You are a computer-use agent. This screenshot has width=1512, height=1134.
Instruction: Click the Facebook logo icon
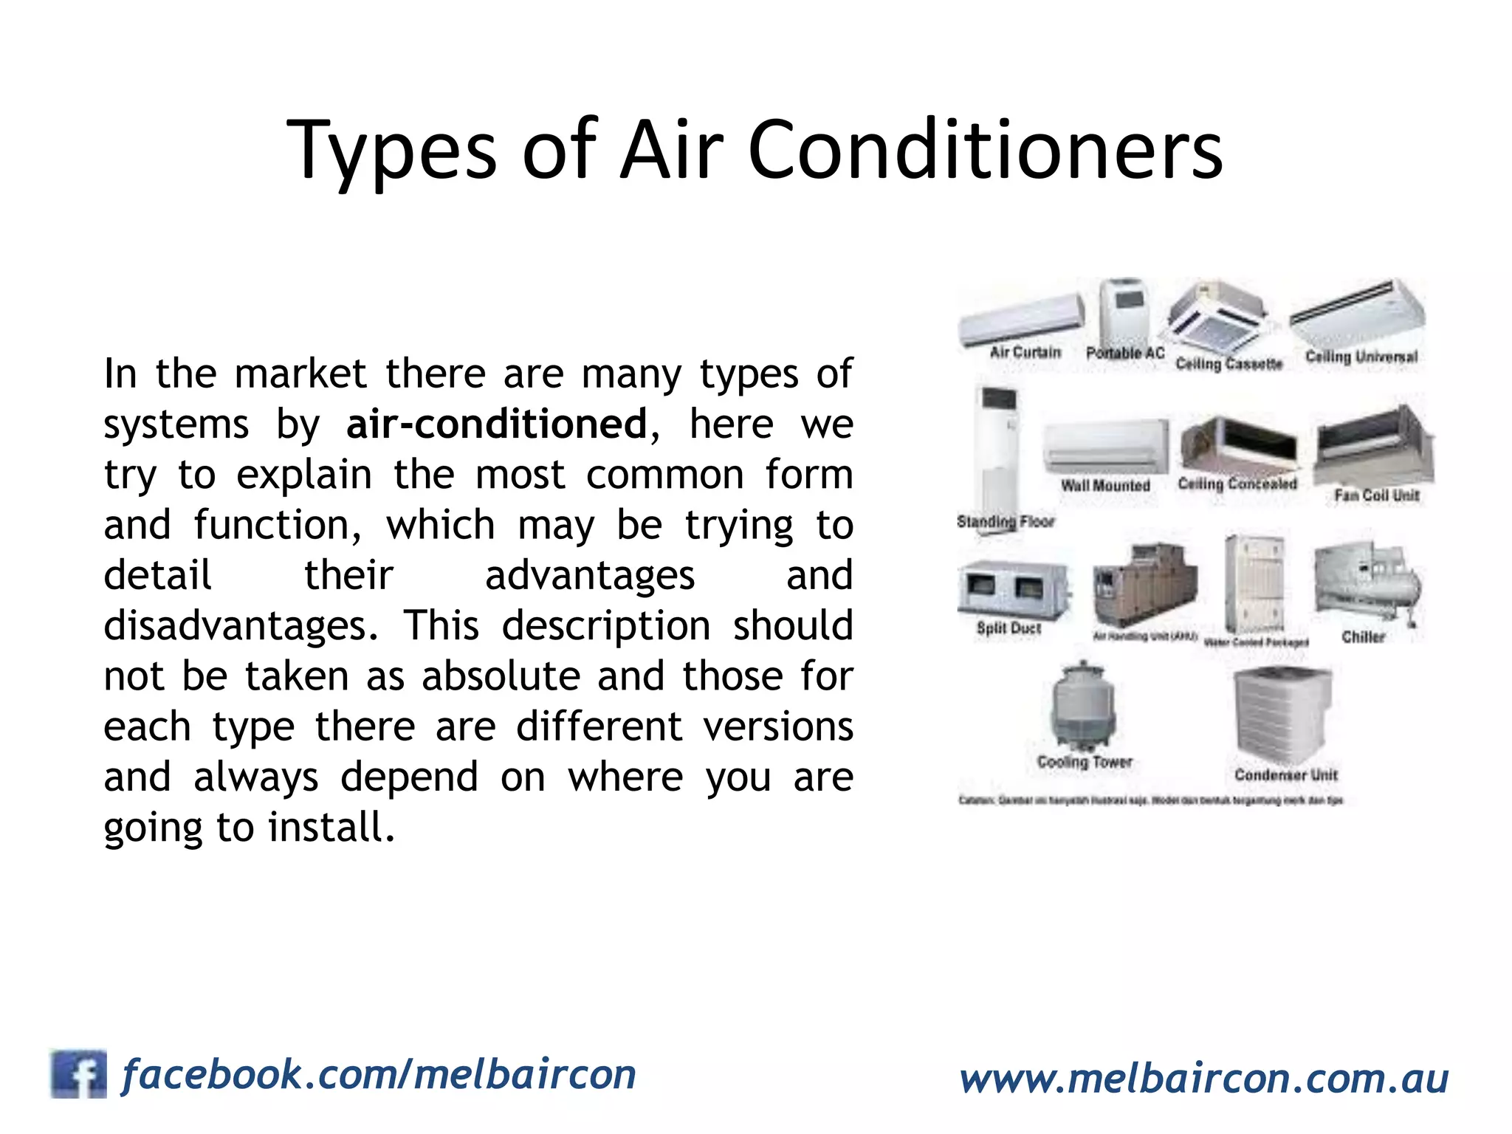(78, 1073)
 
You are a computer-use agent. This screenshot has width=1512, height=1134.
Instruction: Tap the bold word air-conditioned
(496, 424)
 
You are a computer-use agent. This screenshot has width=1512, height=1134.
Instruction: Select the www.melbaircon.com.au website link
(1203, 1079)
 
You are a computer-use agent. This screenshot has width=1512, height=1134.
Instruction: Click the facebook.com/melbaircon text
(379, 1074)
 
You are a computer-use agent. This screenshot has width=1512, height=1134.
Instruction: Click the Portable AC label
(1124, 354)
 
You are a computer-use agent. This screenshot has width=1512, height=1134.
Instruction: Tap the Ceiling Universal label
(1361, 357)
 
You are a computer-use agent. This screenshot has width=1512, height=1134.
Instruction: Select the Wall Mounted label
(1105, 485)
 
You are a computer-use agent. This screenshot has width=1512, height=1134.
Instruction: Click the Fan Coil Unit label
(1376, 495)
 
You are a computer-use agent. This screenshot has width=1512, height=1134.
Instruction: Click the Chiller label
(1363, 636)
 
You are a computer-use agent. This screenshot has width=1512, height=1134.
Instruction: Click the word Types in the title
(391, 151)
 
